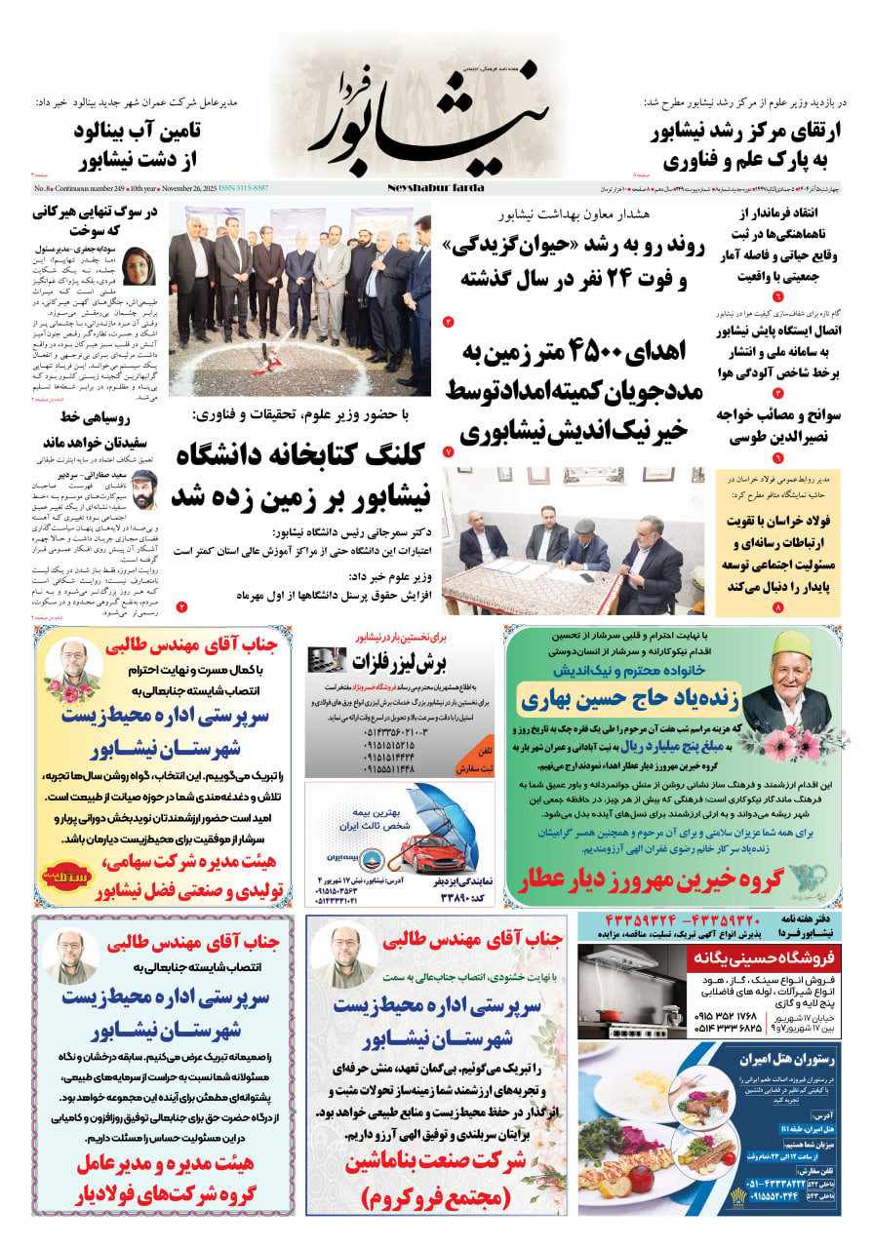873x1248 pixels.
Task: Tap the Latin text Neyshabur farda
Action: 435,187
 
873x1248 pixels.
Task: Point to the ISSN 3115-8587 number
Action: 244,187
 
